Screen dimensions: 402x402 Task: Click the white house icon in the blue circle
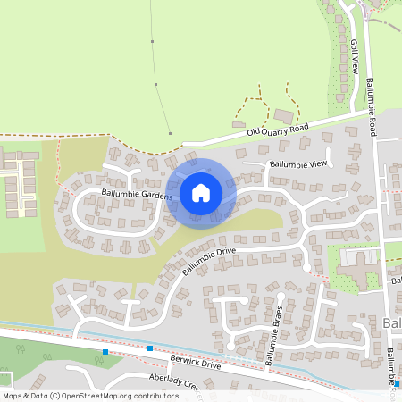click(x=200, y=192)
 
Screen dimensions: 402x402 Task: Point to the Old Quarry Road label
click(x=277, y=130)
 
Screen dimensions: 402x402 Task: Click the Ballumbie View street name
click(x=299, y=164)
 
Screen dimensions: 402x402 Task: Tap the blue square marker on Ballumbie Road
click(x=397, y=385)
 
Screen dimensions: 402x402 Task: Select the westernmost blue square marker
click(x=105, y=352)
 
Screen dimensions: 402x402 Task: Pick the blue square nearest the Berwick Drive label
click(x=149, y=348)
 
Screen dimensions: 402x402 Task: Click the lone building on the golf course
click(x=283, y=116)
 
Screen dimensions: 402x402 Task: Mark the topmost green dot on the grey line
click(x=154, y=41)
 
